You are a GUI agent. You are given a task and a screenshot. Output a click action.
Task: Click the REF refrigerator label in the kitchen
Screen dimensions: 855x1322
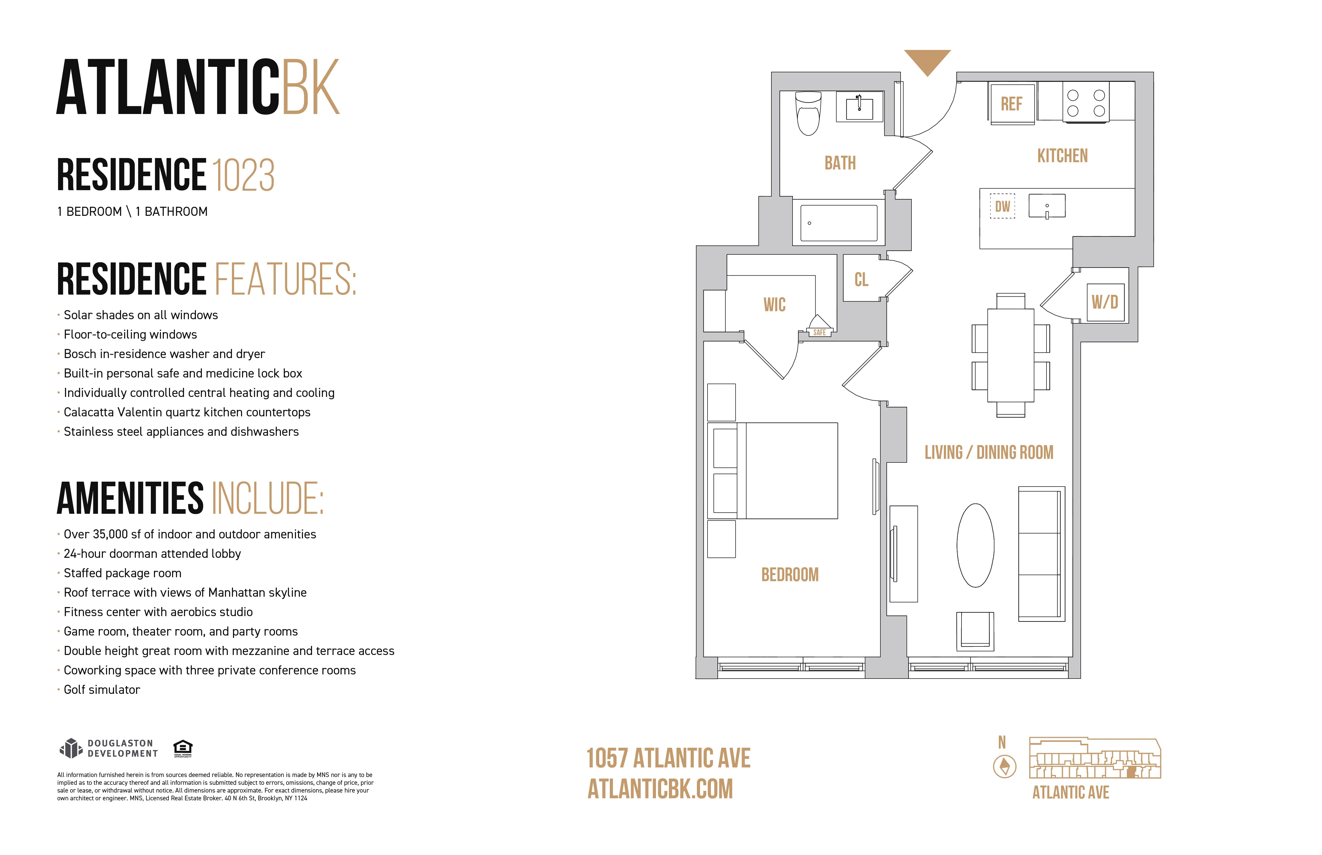click(1011, 104)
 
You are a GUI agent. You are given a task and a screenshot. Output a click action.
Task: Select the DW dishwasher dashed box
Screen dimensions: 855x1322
click(1002, 206)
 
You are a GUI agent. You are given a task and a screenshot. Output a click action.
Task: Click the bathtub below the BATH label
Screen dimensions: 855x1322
click(838, 223)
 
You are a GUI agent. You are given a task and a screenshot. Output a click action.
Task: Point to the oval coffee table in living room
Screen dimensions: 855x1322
click(975, 545)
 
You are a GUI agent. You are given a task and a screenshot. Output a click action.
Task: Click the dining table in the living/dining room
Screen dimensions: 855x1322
click(1010, 355)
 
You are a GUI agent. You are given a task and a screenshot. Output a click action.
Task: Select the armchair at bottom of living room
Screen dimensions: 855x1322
click(975, 631)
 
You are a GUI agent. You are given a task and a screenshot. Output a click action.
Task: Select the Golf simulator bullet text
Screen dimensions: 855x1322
click(102, 689)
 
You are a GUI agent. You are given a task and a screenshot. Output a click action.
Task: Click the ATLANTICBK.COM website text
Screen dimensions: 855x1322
click(660, 789)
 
